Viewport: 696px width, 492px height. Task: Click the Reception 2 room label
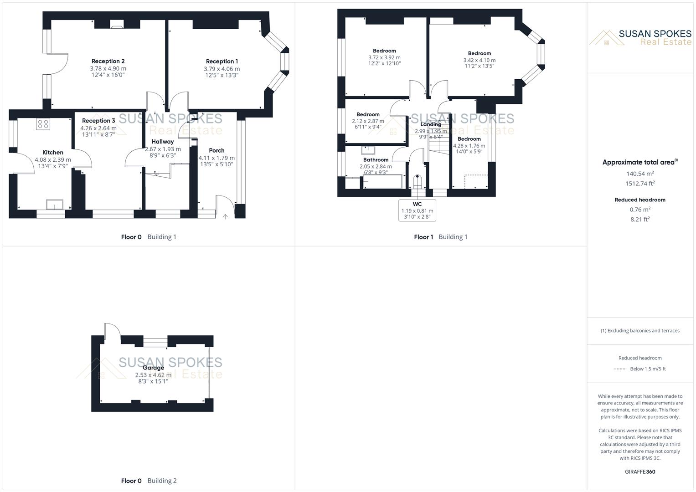(108, 61)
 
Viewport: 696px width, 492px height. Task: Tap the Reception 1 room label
(222, 61)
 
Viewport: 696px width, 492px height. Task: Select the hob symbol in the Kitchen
(43, 124)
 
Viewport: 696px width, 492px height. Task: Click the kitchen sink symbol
(54, 205)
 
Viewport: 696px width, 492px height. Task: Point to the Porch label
(217, 150)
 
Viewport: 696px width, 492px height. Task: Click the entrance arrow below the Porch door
(225, 217)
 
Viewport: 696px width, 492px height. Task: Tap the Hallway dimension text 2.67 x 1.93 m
(163, 149)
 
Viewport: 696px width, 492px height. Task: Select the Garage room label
(153, 368)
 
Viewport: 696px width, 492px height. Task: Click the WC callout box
(417, 210)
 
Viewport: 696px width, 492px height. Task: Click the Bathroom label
(376, 159)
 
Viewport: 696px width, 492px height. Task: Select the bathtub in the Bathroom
(382, 181)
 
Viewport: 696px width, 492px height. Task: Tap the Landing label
(431, 124)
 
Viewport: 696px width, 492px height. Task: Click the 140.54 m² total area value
(640, 174)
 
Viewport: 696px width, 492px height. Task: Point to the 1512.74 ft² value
(640, 184)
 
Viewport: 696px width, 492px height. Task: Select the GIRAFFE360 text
(640, 471)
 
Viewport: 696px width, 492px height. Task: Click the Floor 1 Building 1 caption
(440, 237)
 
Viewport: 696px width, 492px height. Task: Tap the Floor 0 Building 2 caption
(149, 481)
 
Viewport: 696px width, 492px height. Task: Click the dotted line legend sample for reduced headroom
(620, 369)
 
